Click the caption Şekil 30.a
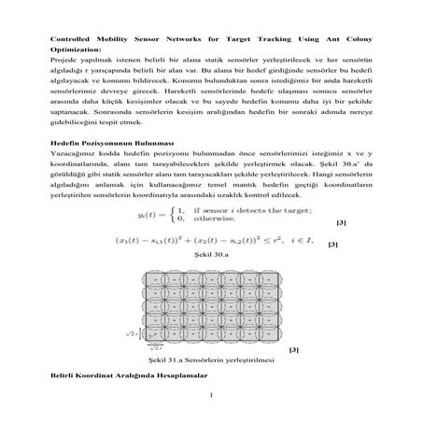(211, 279)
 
